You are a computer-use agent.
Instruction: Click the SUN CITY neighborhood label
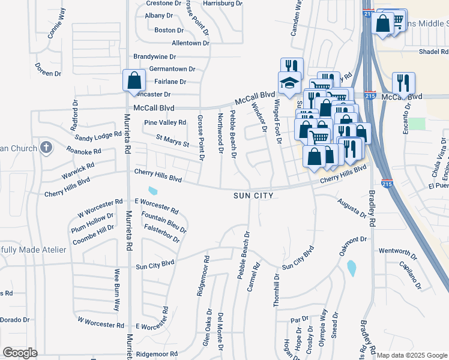click(254, 196)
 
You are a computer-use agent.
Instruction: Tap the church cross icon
click(46, 148)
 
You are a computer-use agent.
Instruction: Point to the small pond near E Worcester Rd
click(153, 191)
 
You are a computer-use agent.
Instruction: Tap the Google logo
click(20, 352)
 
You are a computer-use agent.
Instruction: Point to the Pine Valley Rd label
click(165, 122)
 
